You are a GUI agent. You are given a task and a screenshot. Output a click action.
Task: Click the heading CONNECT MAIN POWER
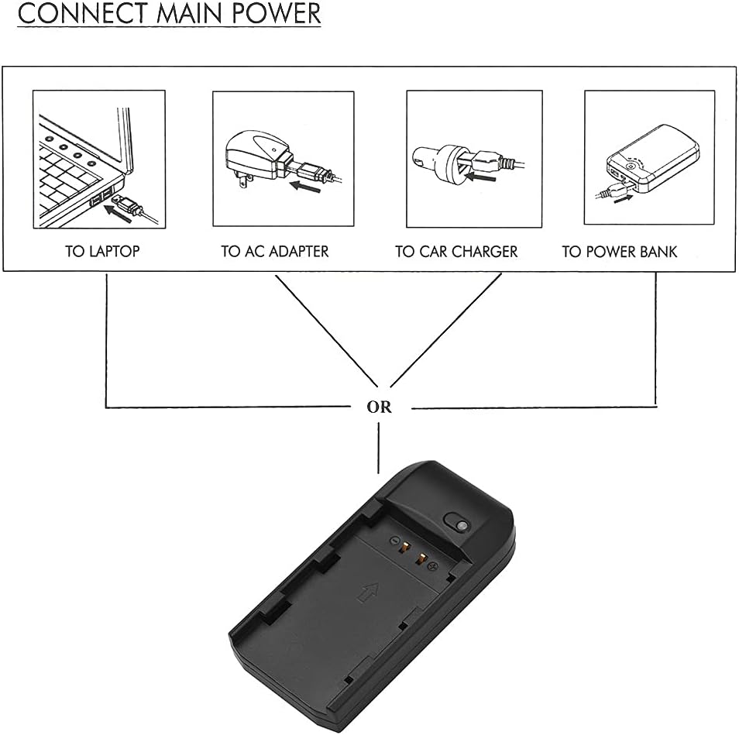pyautogui.click(x=169, y=15)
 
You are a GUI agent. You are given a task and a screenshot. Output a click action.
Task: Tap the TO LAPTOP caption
pyautogui.click(x=102, y=252)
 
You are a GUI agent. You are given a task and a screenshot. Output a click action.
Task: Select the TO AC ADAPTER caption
pyautogui.click(x=275, y=252)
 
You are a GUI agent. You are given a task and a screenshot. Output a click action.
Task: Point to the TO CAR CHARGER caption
pyautogui.click(x=456, y=252)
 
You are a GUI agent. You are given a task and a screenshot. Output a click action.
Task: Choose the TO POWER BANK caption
pyautogui.click(x=620, y=252)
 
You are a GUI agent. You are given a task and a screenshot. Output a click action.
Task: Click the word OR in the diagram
pyautogui.click(x=379, y=407)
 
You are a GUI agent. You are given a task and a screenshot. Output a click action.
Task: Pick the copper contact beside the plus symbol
pyautogui.click(x=422, y=558)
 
